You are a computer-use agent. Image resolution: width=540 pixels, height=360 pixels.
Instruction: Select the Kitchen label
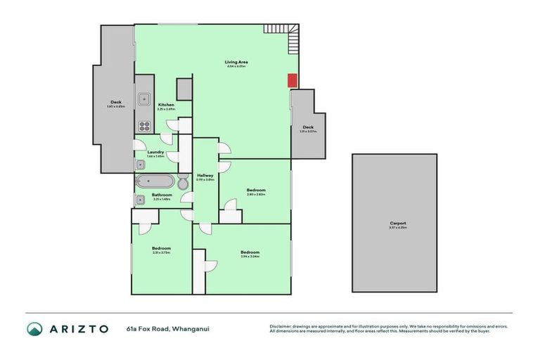click(166, 105)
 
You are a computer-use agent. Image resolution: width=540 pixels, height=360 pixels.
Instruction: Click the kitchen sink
click(144, 99)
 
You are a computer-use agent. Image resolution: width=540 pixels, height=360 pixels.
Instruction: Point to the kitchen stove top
click(144, 127)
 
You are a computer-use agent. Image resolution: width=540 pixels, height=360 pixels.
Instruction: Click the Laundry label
click(155, 152)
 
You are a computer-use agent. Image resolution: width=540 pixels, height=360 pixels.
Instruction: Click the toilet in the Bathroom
click(182, 183)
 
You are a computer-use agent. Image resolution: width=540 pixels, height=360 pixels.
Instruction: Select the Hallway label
click(205, 175)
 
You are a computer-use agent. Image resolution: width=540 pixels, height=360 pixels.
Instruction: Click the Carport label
click(398, 224)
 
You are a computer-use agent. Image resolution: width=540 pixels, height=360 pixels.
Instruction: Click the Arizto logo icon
click(34, 328)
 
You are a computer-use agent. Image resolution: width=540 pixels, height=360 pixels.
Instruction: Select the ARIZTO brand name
click(79, 328)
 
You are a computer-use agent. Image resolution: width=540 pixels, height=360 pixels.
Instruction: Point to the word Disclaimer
click(282, 326)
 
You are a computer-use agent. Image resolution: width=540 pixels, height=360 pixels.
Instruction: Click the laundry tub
click(140, 165)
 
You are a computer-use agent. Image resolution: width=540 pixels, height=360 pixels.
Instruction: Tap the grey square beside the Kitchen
click(184, 89)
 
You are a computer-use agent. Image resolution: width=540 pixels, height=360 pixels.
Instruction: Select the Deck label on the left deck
click(116, 102)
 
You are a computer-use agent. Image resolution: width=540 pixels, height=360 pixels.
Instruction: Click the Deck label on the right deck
click(308, 127)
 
